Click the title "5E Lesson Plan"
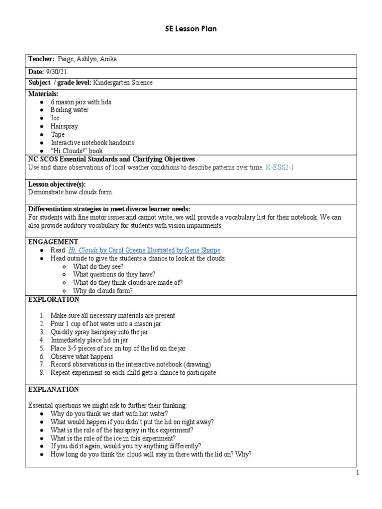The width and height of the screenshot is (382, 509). pyautogui.click(x=191, y=29)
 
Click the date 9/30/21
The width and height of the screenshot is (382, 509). pyautogui.click(x=56, y=72)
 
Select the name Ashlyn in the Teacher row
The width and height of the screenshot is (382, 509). pyautogui.click(x=93, y=60)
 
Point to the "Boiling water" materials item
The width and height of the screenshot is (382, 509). pyautogui.click(x=70, y=110)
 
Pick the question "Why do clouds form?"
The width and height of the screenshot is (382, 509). pyautogui.click(x=103, y=291)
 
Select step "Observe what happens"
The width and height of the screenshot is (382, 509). pyautogui.click(x=82, y=356)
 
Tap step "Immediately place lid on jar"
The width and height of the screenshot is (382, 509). pyautogui.click(x=89, y=340)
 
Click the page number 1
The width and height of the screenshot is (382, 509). pyautogui.click(x=357, y=474)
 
